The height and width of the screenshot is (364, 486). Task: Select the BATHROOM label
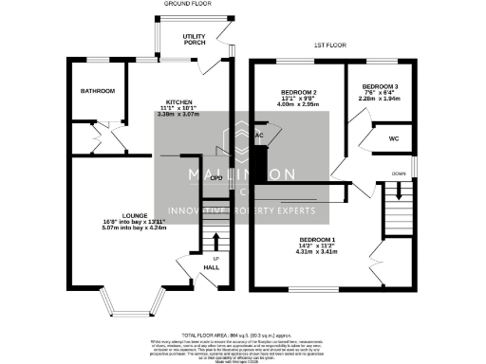click(x=97, y=91)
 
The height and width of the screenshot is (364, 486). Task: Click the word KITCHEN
click(x=179, y=101)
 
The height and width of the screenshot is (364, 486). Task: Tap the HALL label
click(x=213, y=267)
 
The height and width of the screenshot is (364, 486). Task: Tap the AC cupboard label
click(x=258, y=136)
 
